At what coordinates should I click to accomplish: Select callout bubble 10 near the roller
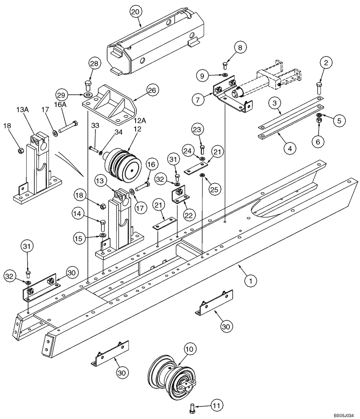(x=189, y=348)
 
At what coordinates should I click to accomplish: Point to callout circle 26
(x=152, y=90)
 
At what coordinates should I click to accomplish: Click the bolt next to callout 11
(x=193, y=406)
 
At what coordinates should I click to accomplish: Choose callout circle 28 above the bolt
(x=95, y=64)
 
